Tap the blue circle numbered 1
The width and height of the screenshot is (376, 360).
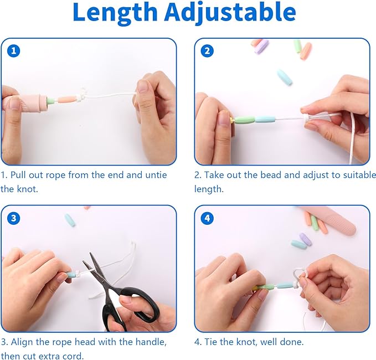(14, 51)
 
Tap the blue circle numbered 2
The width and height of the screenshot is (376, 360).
(207, 51)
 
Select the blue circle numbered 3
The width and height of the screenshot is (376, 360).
(14, 218)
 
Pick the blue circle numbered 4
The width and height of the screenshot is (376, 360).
(207, 218)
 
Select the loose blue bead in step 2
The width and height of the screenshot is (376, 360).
(285, 77)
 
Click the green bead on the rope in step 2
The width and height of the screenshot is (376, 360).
(245, 120)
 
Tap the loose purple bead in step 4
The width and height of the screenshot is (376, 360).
(305, 239)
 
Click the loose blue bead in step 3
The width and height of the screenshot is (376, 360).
(70, 220)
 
